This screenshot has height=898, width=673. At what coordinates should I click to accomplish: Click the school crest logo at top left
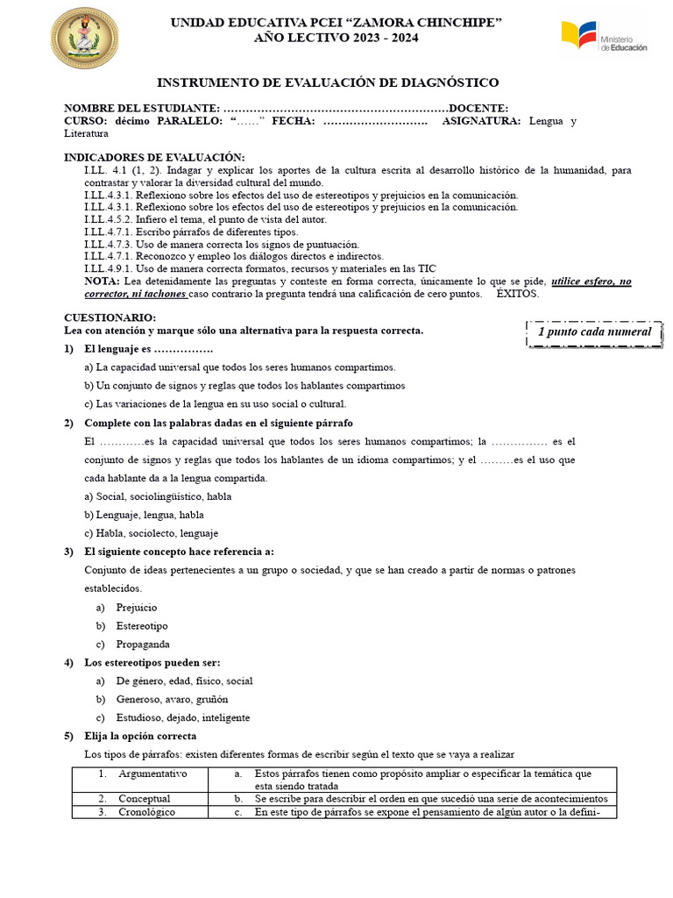84,38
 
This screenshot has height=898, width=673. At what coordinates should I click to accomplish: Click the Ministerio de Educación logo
604,37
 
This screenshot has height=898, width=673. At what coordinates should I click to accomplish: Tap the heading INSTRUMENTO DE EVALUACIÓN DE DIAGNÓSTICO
328,82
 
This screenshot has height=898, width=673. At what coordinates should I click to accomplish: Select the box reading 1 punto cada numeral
594,331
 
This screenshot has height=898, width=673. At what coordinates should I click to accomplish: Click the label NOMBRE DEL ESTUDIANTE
137,108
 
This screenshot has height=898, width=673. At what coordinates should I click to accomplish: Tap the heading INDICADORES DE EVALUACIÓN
154,157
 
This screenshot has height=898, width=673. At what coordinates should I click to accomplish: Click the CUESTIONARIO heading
110,317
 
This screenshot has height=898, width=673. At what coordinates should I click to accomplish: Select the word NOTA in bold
103,282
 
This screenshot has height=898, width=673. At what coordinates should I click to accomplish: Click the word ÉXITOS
518,294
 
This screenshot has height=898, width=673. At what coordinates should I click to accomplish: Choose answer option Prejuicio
137,607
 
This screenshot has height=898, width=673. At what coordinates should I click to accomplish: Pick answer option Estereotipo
142,626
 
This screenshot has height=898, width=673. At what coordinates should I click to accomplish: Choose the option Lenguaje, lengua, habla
144,515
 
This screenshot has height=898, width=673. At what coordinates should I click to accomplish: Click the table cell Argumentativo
152,774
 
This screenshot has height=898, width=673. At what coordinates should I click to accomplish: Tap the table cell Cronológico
148,812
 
